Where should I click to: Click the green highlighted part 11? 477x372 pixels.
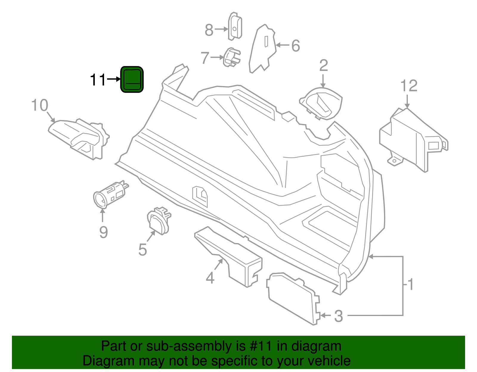132,80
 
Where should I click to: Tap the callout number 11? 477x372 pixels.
98,80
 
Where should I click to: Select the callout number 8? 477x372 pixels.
209,30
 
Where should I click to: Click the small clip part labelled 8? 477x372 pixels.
235,27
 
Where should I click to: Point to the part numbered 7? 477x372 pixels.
232,57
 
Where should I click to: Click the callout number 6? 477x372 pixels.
295,46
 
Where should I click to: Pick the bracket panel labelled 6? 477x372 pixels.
262,49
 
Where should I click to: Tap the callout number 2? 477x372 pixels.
323,66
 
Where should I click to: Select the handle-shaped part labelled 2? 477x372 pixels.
322,103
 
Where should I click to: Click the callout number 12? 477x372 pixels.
409,86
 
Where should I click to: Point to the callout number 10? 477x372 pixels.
40,105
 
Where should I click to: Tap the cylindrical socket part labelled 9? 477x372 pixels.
109,195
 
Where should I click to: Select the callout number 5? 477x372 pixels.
143,250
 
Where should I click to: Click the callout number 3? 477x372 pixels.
338,316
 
